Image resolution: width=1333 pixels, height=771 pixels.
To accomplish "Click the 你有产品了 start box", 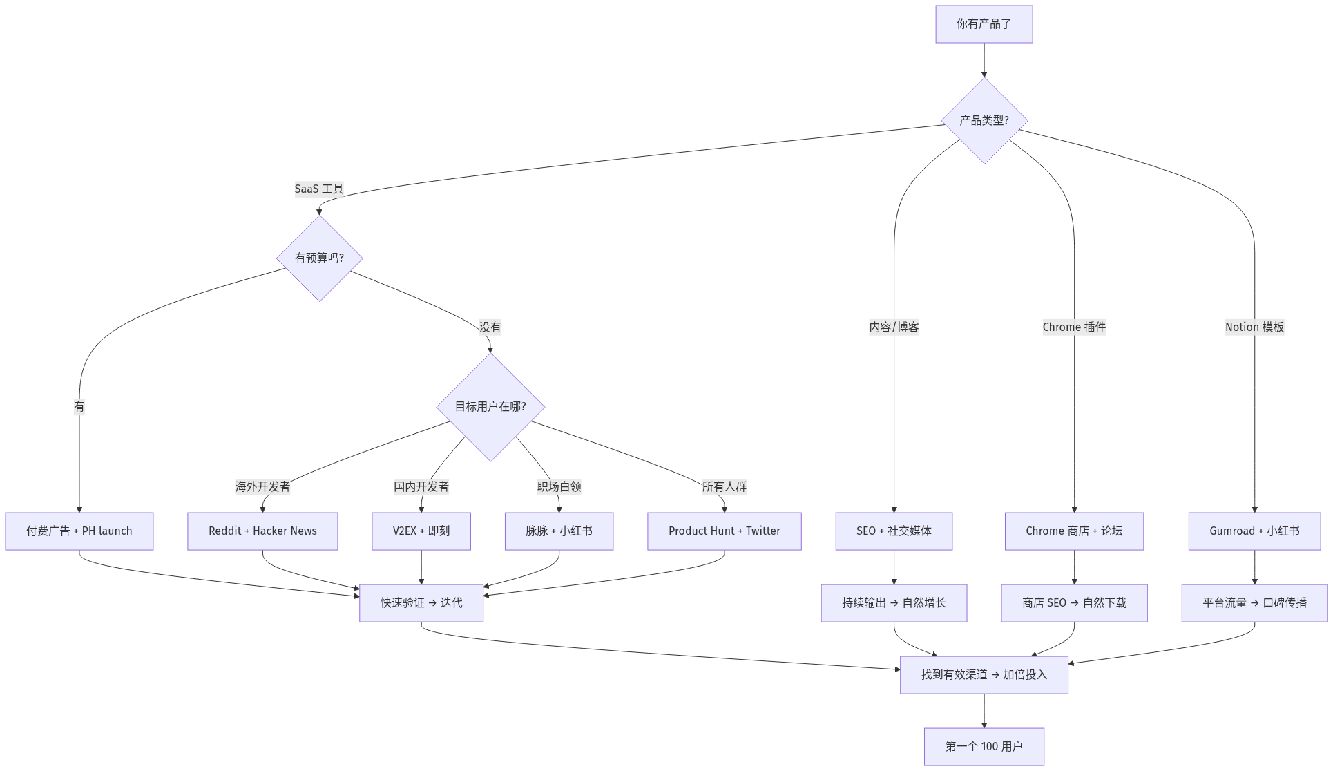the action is pos(984,24).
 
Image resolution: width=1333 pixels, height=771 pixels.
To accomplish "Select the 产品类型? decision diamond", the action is pos(984,120).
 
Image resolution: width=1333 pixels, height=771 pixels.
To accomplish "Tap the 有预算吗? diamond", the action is pos(319,258).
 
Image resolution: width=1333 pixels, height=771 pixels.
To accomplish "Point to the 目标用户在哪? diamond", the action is pos(490,407).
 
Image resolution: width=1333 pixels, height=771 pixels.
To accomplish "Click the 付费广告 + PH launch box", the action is pos(79,531).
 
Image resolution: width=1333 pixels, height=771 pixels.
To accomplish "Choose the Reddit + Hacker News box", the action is pos(262,531).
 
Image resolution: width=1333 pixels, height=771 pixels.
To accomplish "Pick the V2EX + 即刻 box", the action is pos(421,531).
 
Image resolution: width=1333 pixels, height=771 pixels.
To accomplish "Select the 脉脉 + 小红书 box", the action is pos(559,531).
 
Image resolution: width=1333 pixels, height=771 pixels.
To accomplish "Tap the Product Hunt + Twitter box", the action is pos(725,531).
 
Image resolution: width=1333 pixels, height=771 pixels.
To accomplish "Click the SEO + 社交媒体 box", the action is pos(894,531).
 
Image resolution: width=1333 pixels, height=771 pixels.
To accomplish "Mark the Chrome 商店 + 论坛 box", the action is pos(1074,531).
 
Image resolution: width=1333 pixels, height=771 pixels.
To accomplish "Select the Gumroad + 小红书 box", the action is pos(1254,531).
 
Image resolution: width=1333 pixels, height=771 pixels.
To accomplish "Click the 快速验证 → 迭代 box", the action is pos(421,603).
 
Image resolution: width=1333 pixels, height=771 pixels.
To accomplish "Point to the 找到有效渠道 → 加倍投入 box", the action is pos(984,675).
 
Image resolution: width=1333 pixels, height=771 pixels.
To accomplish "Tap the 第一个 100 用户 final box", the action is pos(984,747).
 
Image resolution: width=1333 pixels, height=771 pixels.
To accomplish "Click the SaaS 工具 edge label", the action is pos(319,189).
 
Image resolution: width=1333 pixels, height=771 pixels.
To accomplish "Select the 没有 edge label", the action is pos(490,327).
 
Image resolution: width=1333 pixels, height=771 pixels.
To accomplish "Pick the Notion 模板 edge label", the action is pos(1254,327).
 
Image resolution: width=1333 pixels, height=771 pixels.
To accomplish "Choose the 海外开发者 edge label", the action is pos(262,486).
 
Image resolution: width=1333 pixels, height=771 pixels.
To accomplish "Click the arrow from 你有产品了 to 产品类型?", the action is pos(984,60).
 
